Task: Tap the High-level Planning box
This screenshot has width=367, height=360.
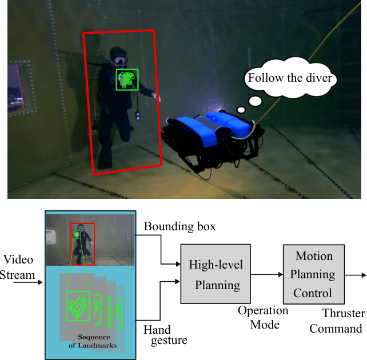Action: tap(216, 274)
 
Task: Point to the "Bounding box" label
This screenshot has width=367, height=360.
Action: tap(179, 226)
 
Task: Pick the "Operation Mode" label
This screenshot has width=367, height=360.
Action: tap(263, 317)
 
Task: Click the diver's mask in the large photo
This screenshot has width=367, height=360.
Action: tap(119, 59)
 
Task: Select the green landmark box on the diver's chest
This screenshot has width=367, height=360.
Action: tap(127, 79)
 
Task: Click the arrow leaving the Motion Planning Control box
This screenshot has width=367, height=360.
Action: tap(356, 274)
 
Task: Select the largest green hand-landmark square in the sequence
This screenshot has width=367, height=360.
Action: tap(78, 306)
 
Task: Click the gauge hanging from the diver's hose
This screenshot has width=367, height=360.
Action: tap(138, 117)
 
